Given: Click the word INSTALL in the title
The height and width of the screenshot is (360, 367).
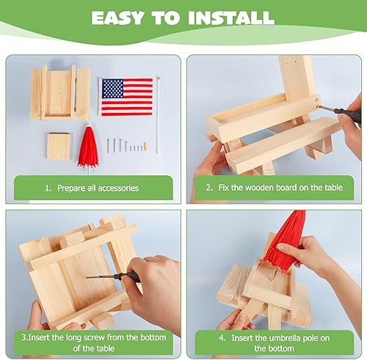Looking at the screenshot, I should click(x=233, y=18).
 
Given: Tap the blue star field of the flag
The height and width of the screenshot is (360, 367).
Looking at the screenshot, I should click(x=112, y=89).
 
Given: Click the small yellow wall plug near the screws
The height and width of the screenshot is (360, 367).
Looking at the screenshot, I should click(x=147, y=149).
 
